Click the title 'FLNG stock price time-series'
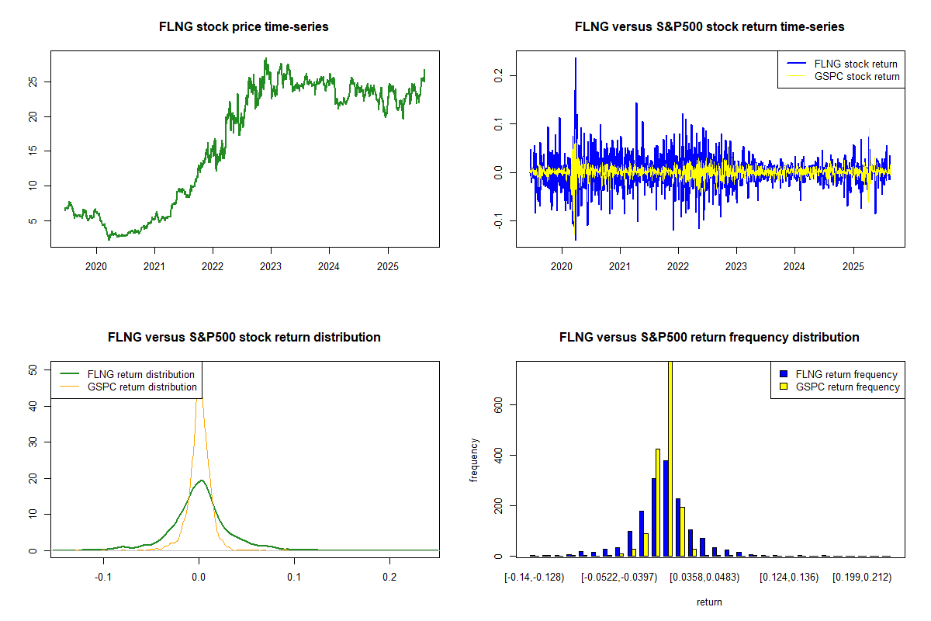244,27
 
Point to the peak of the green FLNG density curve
200,480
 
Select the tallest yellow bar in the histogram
670,458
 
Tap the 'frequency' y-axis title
475,460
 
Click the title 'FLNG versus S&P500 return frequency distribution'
709,338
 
